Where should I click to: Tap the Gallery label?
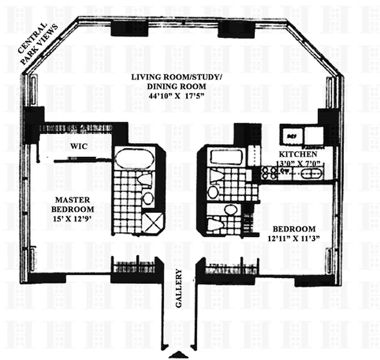point(178,288)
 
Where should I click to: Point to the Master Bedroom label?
point(75,205)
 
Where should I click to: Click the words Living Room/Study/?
point(176,77)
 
